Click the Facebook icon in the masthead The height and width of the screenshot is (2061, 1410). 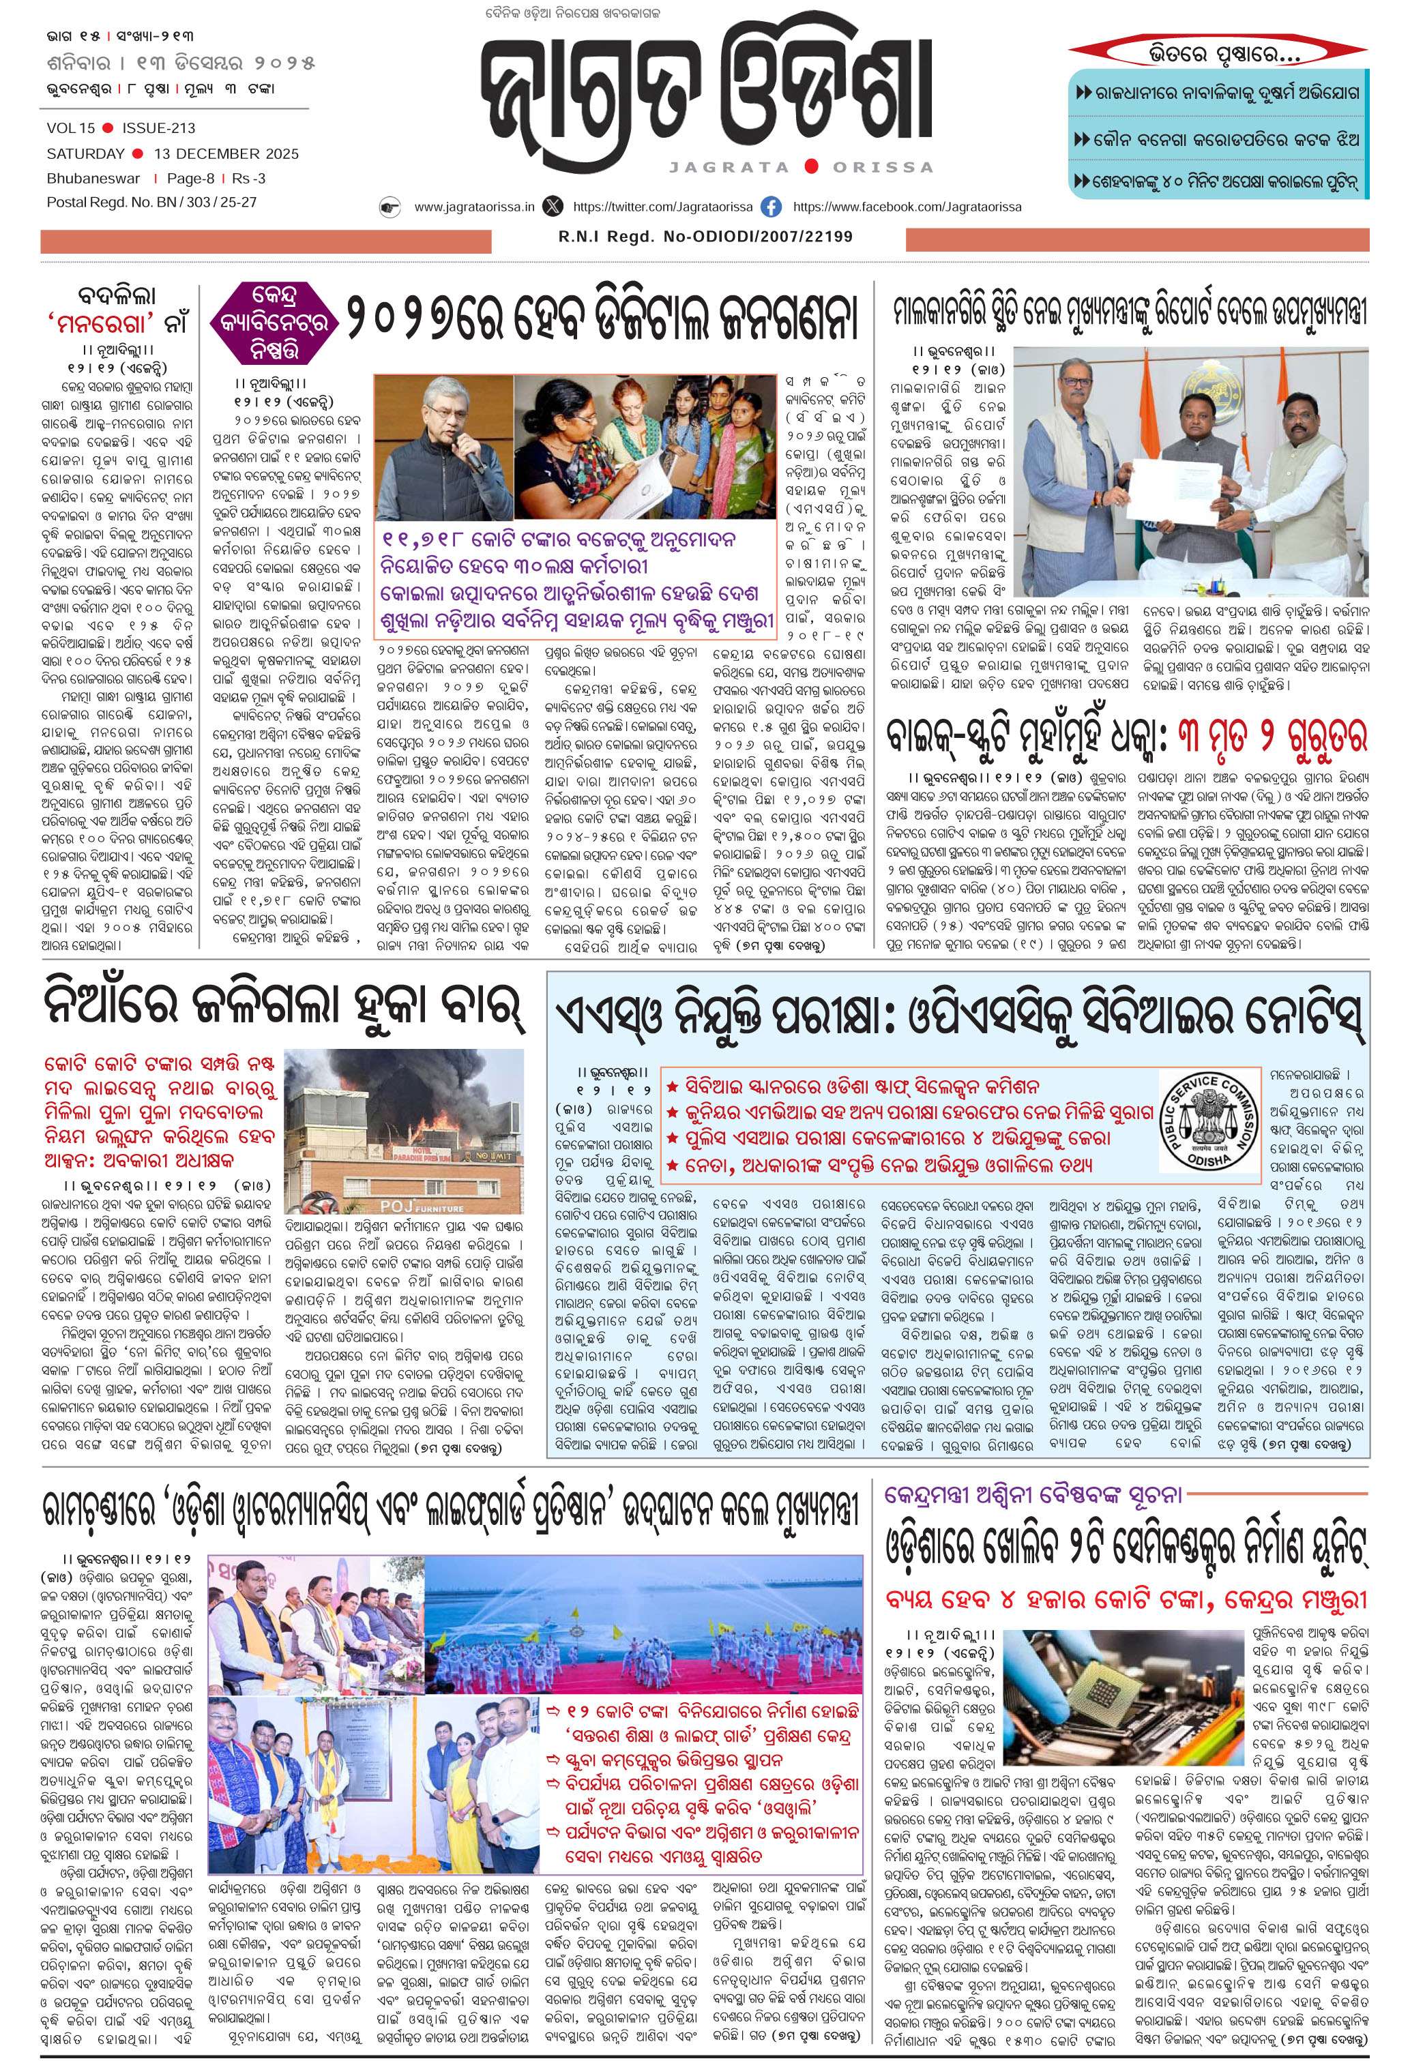coord(772,207)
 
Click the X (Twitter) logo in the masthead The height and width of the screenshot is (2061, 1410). coord(553,207)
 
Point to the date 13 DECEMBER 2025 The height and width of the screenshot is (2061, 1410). coord(226,153)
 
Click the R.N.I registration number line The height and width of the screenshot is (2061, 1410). coord(705,237)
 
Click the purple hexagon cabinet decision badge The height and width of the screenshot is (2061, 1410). coord(275,322)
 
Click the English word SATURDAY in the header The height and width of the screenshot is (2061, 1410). coord(86,153)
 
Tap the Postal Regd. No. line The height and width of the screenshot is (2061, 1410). coord(151,202)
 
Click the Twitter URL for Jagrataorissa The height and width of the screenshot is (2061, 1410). coord(662,207)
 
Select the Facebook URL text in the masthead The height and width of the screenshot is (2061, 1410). coord(907,207)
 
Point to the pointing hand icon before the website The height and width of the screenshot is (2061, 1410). coord(390,207)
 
